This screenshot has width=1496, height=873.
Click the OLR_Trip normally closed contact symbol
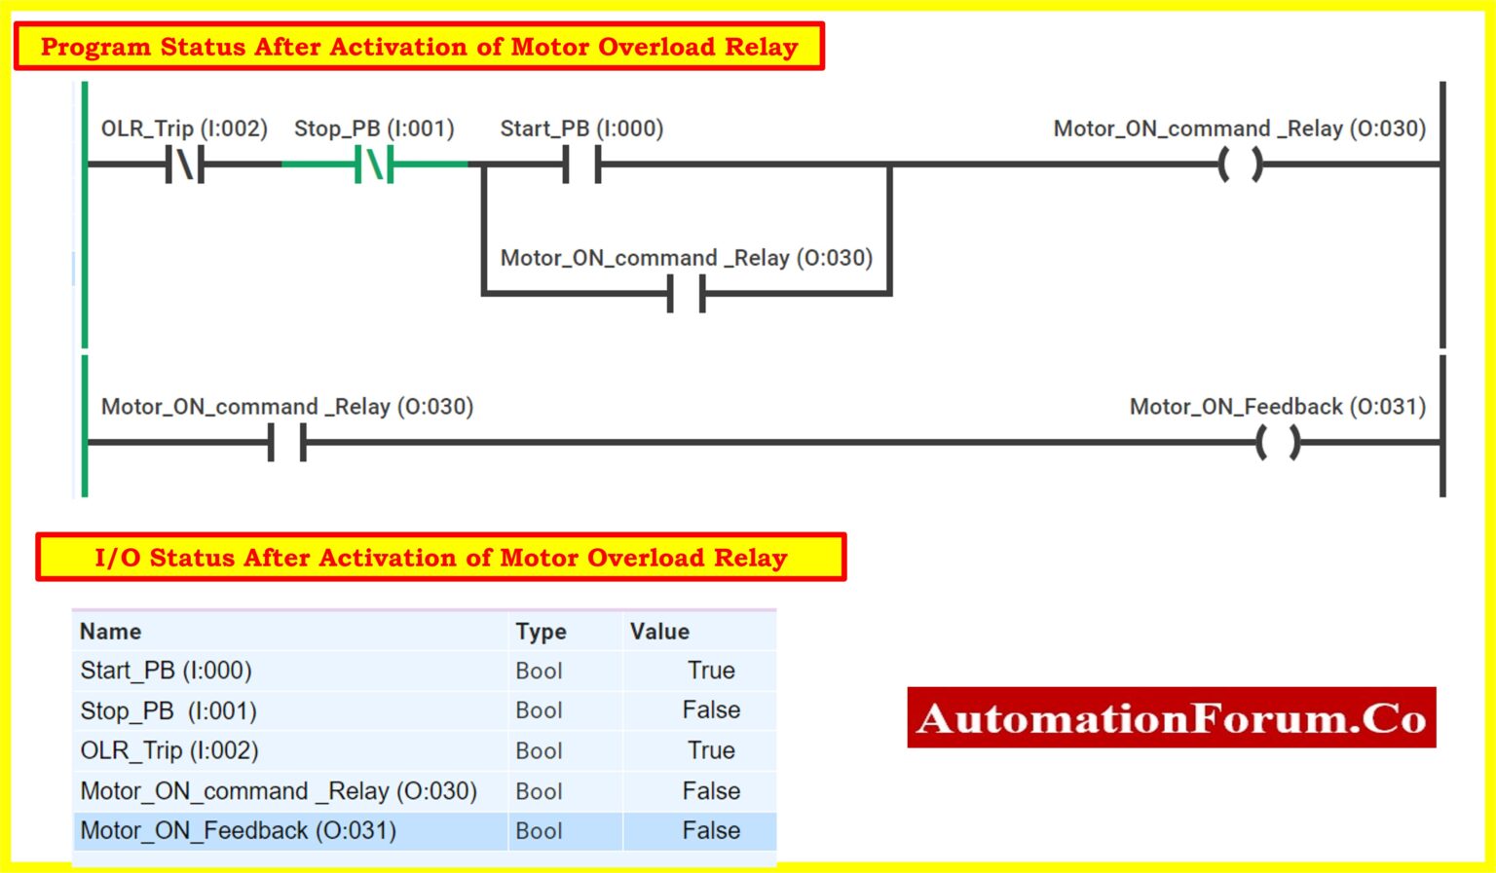pos(185,164)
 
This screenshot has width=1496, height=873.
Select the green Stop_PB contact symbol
pos(375,164)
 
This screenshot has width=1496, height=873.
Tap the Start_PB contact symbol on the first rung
pos(581,164)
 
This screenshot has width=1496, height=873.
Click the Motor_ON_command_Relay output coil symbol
pos(1240,164)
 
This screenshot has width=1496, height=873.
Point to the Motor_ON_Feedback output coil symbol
pos(1278,443)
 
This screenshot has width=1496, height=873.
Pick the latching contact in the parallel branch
pos(687,293)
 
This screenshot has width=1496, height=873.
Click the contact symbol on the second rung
pos(287,443)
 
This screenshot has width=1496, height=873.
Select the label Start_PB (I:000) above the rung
pos(581,128)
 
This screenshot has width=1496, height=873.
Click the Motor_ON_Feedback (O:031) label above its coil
pos(1277,407)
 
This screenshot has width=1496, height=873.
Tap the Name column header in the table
pos(111,632)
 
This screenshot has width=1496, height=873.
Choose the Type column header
pos(541,632)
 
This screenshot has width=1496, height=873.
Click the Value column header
pos(659,632)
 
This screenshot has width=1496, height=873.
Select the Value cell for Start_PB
pos(711,671)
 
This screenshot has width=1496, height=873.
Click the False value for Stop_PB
pos(711,710)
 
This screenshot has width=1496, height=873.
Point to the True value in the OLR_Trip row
pos(711,750)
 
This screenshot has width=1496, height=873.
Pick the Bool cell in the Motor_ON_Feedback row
pos(539,831)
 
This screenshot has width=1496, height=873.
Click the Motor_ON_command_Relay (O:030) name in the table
pos(279,791)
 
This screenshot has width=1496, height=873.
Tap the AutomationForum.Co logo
pos(1171,718)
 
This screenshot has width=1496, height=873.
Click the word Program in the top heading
pos(95,47)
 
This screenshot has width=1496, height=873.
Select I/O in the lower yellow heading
pos(117,558)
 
